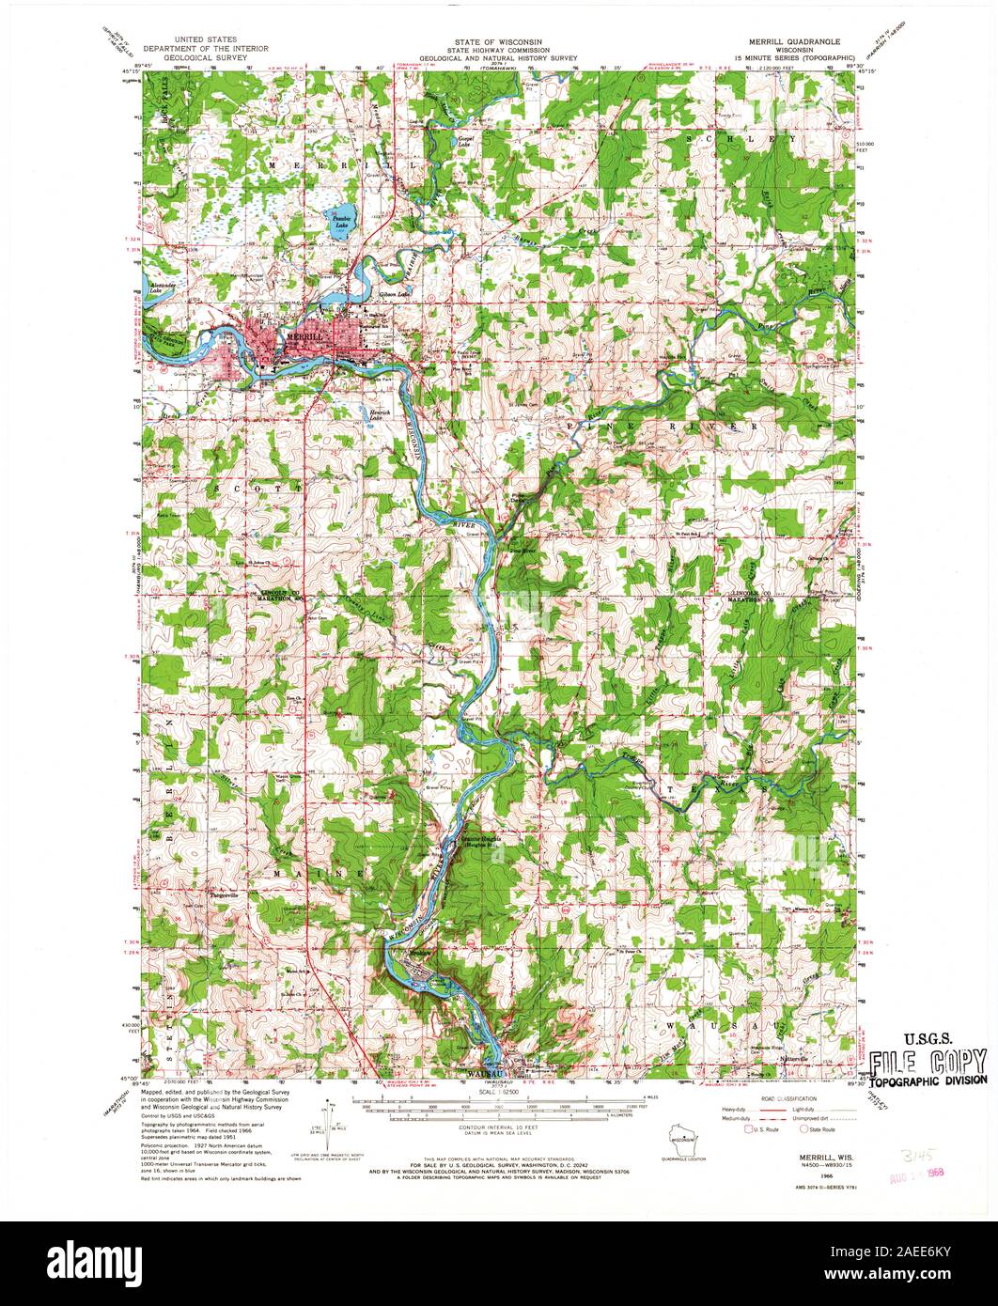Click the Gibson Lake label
395,294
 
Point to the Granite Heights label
480,840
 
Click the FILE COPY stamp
928,1063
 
